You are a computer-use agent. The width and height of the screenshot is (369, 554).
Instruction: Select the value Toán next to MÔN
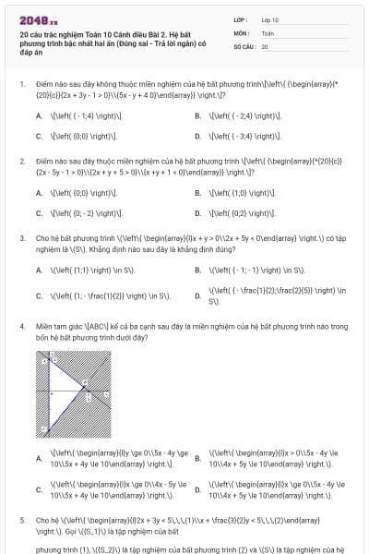coord(268,32)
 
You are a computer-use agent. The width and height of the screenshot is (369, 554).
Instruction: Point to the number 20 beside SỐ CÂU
coord(265,45)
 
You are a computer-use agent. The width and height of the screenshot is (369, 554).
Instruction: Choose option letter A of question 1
coord(39,115)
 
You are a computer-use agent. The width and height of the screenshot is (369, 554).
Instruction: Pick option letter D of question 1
coord(198,135)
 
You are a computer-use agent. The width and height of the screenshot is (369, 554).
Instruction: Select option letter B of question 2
coord(198,193)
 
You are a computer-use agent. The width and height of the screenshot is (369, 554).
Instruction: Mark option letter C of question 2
coord(39,212)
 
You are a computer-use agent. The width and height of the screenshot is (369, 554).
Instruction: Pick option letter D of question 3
coord(198,296)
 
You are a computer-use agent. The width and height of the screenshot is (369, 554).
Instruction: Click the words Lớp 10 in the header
coord(270,18)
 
